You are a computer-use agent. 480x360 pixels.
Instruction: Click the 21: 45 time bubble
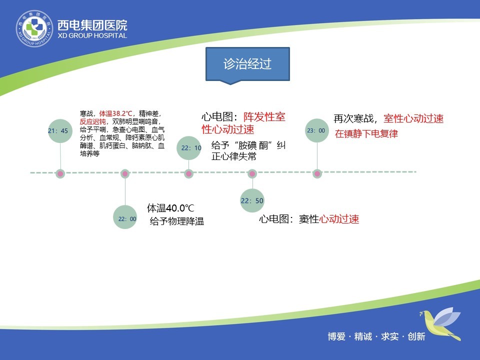pos(60,131)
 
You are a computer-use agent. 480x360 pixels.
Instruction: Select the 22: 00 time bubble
pos(125,217)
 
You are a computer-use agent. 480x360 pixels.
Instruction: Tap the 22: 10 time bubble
pos(189,148)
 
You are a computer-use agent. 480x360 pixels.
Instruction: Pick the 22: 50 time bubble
pos(252,200)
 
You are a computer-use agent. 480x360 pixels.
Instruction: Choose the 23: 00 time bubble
pos(317,130)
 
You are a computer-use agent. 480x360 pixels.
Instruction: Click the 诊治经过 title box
pos(247,65)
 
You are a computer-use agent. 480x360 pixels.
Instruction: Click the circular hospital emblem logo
pos(34,28)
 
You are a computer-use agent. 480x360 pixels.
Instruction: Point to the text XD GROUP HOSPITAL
pos(92,36)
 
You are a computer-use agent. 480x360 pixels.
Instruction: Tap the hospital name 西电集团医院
pos(92,25)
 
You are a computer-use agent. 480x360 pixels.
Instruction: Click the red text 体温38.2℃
pos(115,113)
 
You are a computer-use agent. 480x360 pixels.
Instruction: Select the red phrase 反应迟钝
pos(93,121)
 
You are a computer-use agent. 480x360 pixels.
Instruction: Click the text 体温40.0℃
pos(170,208)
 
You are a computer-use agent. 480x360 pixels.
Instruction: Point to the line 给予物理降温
pos(177,221)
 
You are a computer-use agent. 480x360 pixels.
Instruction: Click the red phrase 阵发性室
pos(264,116)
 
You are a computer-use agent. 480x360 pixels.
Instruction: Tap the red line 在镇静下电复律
pos(366,134)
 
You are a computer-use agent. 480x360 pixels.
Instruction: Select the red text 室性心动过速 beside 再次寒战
pos(413,118)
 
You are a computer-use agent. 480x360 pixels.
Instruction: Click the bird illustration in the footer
pos(440,324)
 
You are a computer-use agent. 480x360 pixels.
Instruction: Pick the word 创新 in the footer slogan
pos(416,336)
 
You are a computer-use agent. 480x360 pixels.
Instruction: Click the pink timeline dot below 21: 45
pos(60,174)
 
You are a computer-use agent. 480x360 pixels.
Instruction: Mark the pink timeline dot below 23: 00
pos(317,174)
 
